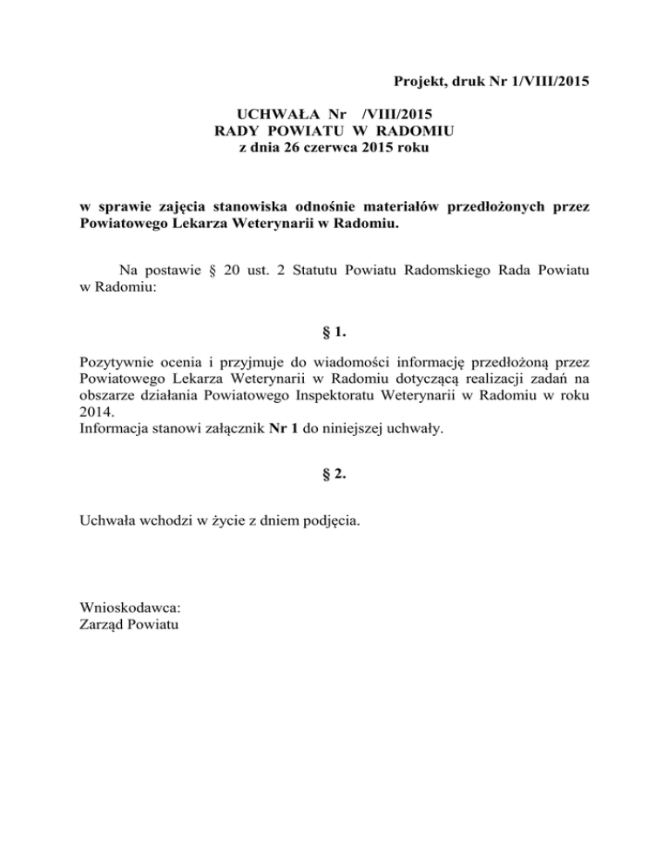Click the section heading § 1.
[x=334, y=332]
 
